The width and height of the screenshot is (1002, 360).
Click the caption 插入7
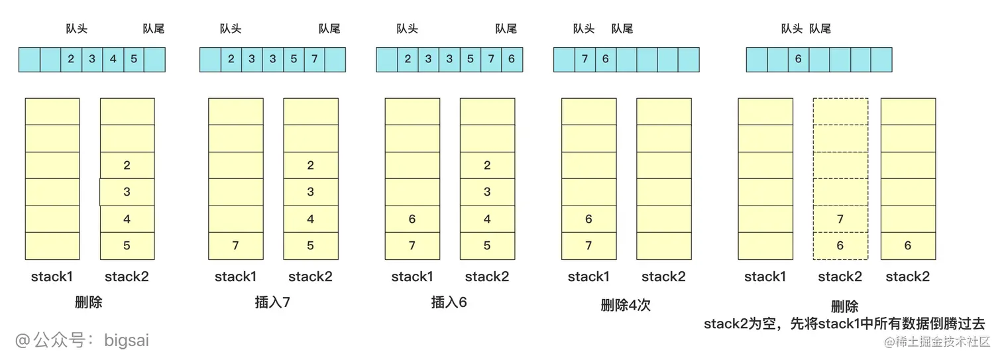272,303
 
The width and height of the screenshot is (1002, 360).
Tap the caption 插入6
449,303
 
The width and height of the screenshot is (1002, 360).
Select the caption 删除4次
626,305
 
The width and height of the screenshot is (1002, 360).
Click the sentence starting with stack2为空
844,324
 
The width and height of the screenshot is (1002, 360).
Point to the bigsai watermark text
82,341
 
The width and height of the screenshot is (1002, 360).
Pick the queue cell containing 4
113,59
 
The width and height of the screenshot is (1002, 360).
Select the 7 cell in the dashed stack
840,219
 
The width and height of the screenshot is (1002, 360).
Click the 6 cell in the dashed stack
840,245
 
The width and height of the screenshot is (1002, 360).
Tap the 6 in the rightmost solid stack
908,245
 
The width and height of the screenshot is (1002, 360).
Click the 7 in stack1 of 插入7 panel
235,245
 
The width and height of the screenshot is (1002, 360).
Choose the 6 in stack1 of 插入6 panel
412,219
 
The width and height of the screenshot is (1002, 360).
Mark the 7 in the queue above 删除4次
584,59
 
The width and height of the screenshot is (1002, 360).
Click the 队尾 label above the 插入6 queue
506,29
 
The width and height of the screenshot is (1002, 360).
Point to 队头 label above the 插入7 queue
231,29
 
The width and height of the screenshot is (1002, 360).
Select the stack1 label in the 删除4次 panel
588,276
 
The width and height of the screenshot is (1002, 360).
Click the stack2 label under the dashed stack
840,276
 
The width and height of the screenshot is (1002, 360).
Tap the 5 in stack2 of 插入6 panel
487,245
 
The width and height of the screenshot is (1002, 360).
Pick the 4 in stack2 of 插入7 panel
311,219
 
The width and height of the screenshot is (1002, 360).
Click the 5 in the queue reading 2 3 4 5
134,59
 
